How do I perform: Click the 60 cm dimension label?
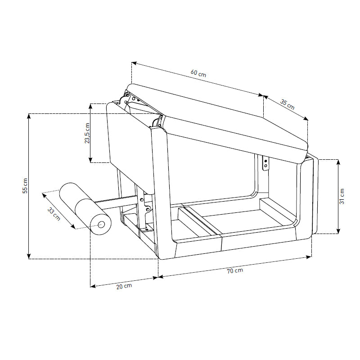coord(198,73)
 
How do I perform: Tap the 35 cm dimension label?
coord(288,104)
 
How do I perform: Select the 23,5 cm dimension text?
coord(87,133)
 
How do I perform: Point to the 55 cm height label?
coord(25,186)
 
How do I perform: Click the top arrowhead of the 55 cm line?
coord(29,116)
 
